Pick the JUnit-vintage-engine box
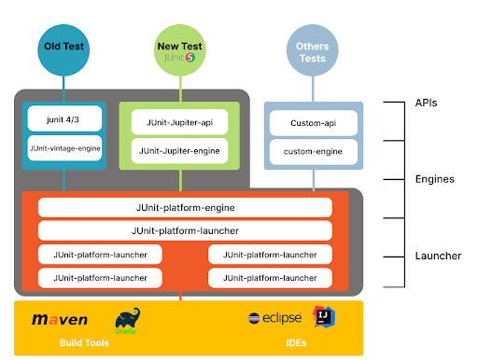63,147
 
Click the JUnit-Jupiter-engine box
179,148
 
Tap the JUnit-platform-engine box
185,207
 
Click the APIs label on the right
427,104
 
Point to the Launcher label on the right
436,255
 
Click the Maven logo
60,319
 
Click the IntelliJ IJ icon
322,317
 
